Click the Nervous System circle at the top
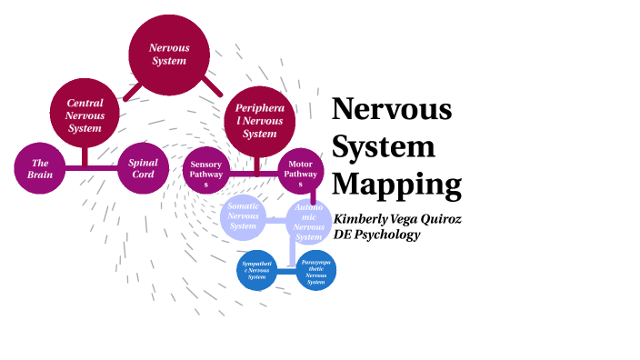tap(168, 54)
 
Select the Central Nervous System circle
tap(85, 115)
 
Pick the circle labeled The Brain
tap(39, 169)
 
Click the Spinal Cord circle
tap(144, 169)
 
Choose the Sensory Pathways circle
tap(206, 170)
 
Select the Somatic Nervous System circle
tap(244, 216)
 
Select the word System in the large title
tap(383, 145)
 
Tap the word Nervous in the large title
tap(391, 109)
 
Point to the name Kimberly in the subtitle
tap(365, 219)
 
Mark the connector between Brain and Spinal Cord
tap(91, 169)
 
